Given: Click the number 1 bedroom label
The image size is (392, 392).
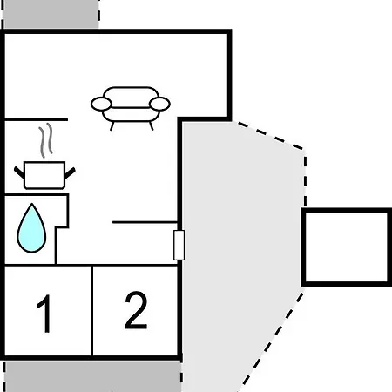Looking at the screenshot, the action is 44,314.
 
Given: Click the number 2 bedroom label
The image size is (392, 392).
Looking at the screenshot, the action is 136,310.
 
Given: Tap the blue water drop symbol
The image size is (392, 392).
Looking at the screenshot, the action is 31,228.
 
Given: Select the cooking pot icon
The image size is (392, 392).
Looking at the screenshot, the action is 44,175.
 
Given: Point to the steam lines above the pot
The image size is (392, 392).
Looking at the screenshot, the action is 46,140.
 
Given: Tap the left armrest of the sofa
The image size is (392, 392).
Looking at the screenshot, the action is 101,104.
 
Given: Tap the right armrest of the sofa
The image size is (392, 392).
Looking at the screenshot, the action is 159,104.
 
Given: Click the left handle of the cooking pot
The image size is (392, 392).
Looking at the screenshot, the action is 19,172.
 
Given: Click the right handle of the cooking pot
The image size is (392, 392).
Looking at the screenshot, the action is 70,172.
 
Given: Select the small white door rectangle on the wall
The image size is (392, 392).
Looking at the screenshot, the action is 179,245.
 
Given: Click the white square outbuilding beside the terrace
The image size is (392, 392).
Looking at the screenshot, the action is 347,247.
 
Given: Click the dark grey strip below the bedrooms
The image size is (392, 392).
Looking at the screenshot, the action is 92,376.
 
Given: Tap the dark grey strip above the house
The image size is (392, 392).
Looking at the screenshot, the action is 51,14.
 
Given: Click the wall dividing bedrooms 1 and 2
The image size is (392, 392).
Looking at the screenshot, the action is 91,310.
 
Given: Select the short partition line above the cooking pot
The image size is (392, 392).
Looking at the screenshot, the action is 37,119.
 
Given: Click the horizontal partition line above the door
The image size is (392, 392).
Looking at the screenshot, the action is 145,222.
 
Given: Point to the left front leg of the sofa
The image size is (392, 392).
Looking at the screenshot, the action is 112,126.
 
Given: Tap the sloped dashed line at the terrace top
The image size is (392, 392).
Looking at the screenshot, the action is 270,136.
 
